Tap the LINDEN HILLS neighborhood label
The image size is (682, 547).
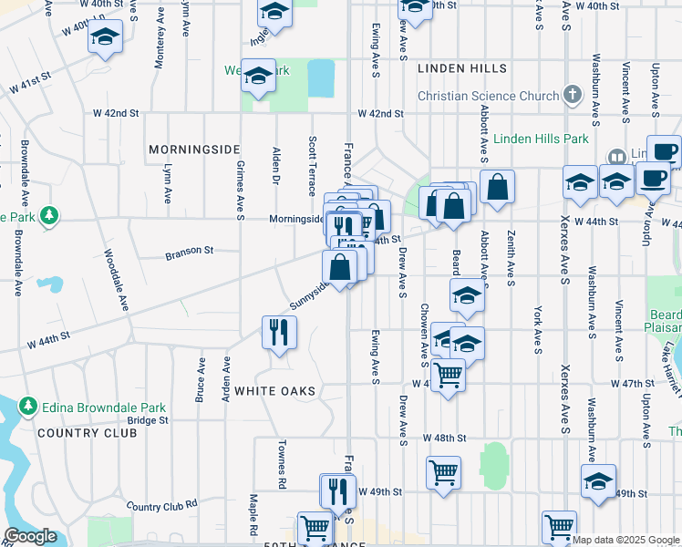(x=461, y=68)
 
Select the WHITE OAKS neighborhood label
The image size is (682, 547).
(x=274, y=391)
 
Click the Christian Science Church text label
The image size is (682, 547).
(x=488, y=96)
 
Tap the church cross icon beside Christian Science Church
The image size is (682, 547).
(x=572, y=95)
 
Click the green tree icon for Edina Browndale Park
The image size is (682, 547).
(x=28, y=406)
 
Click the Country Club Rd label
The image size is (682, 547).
(x=162, y=505)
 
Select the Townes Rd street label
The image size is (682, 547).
(x=283, y=465)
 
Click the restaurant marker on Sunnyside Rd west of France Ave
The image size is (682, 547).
(x=279, y=332)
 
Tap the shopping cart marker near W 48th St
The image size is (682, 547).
(x=443, y=472)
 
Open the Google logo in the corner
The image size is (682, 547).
(x=30, y=537)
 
